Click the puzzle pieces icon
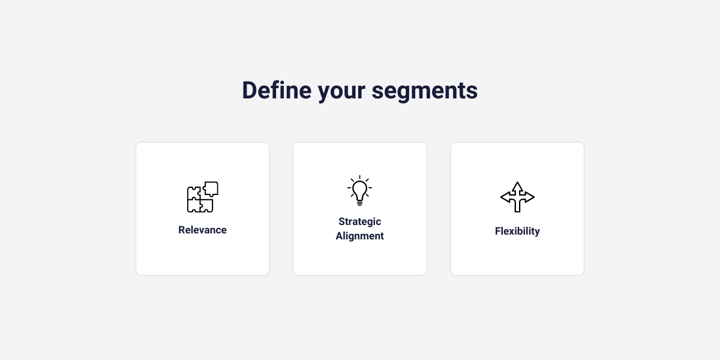[x=202, y=197]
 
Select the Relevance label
[x=202, y=230]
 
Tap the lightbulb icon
[x=359, y=191]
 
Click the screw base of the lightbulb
[x=359, y=203]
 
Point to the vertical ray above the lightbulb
[x=359, y=178]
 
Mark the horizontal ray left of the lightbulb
[x=349, y=188]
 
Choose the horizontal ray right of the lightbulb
[x=370, y=188]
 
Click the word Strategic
[x=359, y=221]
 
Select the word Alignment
[x=359, y=236]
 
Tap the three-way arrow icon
[x=517, y=197]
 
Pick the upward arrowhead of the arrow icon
[x=517, y=186]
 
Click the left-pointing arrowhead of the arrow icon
[x=505, y=197]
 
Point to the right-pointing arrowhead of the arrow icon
[x=530, y=197]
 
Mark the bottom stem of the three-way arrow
[x=517, y=208]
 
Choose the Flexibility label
[x=517, y=231]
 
